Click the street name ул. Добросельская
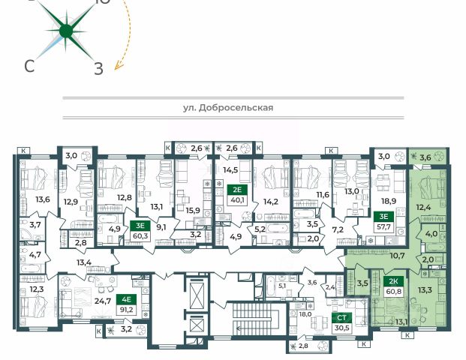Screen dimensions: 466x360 point(228,107)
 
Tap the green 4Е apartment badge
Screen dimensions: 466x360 point(128,299)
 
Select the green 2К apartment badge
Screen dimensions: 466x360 point(394,281)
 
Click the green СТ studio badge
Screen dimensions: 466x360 point(341,318)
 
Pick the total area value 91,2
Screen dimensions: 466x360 point(128,310)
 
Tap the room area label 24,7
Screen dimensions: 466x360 point(103,301)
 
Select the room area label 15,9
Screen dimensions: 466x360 point(193,211)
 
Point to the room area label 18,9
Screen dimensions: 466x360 point(389,201)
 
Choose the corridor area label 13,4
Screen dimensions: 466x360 point(84,262)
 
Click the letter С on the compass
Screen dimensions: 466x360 point(29,66)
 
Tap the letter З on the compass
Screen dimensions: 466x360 point(98,68)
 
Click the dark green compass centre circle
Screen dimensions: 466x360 point(66,31)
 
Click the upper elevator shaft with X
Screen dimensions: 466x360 point(197,295)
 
